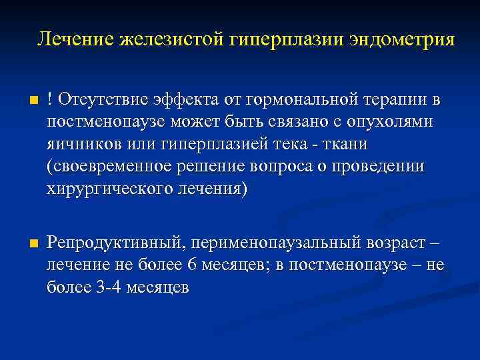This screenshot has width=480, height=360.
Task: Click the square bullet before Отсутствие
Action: pos(25,101)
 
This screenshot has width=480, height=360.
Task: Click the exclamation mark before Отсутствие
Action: pos(50,100)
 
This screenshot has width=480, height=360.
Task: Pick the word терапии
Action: pos(397,100)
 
